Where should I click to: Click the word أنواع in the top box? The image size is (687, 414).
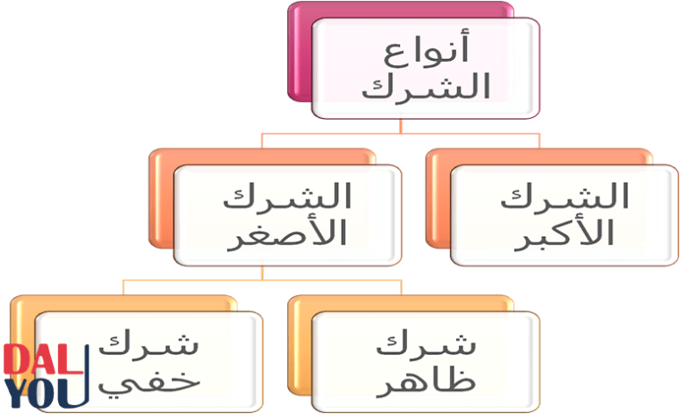pos(427,49)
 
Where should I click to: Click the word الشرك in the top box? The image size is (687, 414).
pos(426,89)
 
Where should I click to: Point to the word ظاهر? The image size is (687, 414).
pos(426,381)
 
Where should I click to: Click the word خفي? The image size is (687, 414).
pos(149,383)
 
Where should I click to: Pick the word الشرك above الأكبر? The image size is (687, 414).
pos(564,196)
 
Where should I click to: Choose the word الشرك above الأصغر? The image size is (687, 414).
pos(287,196)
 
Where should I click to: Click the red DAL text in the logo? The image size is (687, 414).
pos(43,359)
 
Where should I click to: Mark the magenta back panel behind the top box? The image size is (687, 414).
pos(300,53)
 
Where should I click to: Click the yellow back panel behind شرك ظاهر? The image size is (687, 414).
pos(300,346)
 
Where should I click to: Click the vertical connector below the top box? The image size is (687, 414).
pos(401,126)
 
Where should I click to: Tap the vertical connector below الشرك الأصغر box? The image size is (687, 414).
pos(262,273)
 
